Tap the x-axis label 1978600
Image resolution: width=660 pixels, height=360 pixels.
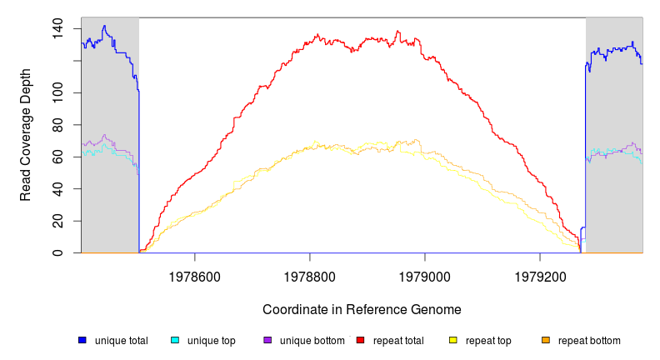[x=195, y=273]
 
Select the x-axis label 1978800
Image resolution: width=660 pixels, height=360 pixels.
[x=310, y=273]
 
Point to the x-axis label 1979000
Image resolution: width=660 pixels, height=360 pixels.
[x=425, y=273]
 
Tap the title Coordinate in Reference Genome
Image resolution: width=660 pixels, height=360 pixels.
[x=362, y=309]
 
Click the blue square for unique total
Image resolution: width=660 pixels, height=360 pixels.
[x=82, y=340]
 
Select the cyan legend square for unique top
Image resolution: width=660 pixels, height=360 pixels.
[x=175, y=340]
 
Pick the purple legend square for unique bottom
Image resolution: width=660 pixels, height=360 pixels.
[x=267, y=340]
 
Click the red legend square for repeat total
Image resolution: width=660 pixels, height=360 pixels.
[x=361, y=340]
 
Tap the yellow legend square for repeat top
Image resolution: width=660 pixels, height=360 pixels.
[x=453, y=340]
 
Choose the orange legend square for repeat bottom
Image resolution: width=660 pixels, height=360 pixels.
[x=546, y=340]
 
